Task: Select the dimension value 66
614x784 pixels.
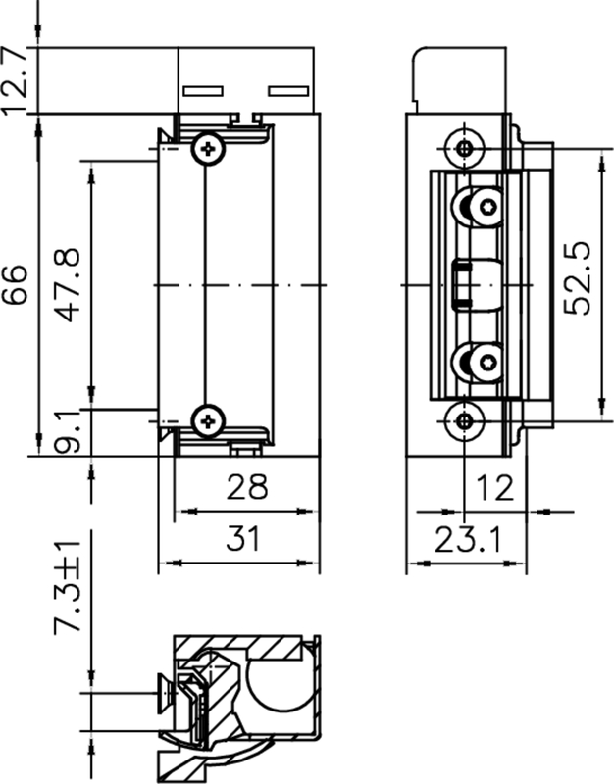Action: coord(16,284)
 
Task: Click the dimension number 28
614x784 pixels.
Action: coord(247,487)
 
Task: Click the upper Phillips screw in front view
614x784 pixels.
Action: coord(207,148)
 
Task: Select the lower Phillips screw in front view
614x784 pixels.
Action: coord(207,420)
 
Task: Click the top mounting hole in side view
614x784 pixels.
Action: coord(465,149)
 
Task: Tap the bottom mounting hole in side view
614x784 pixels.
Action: coord(465,421)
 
